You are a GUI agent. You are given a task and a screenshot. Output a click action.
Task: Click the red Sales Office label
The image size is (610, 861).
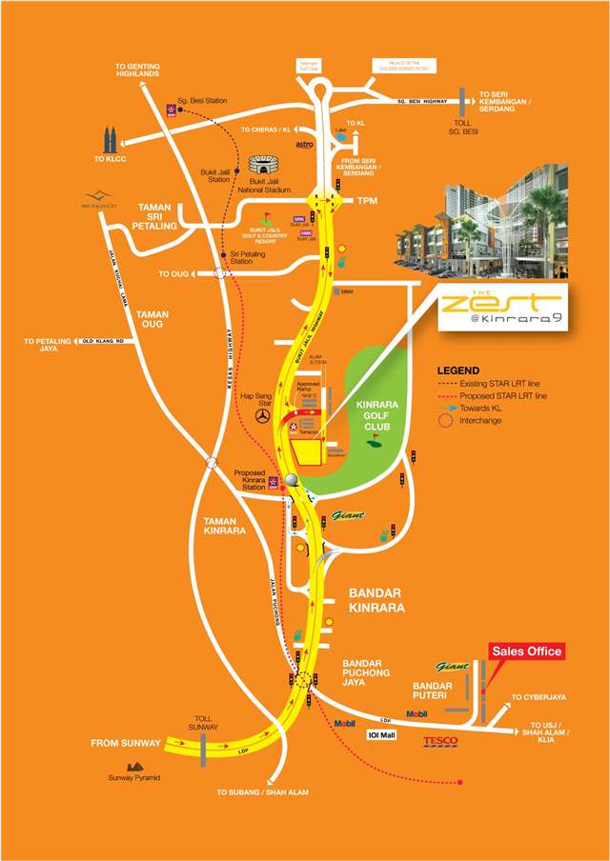point(527,651)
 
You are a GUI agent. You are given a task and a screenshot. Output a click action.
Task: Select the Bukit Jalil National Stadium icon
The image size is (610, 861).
point(262,166)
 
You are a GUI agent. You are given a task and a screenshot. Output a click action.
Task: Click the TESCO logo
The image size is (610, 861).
point(440,741)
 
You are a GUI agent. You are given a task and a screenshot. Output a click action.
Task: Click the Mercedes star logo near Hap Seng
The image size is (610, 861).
point(265,415)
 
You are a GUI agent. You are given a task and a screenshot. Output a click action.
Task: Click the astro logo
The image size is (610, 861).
point(304,145)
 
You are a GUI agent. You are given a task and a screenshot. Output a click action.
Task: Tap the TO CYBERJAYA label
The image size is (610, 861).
point(539,697)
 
